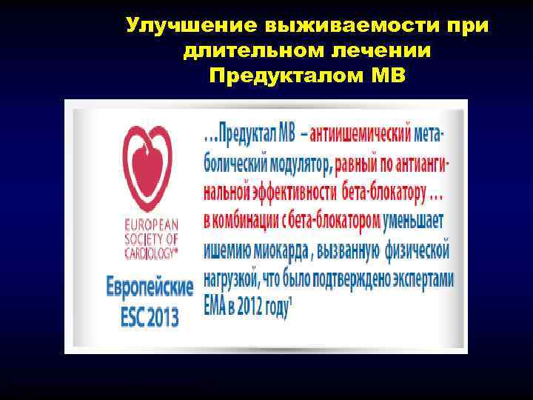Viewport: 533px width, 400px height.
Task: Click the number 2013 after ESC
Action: click(163, 317)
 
